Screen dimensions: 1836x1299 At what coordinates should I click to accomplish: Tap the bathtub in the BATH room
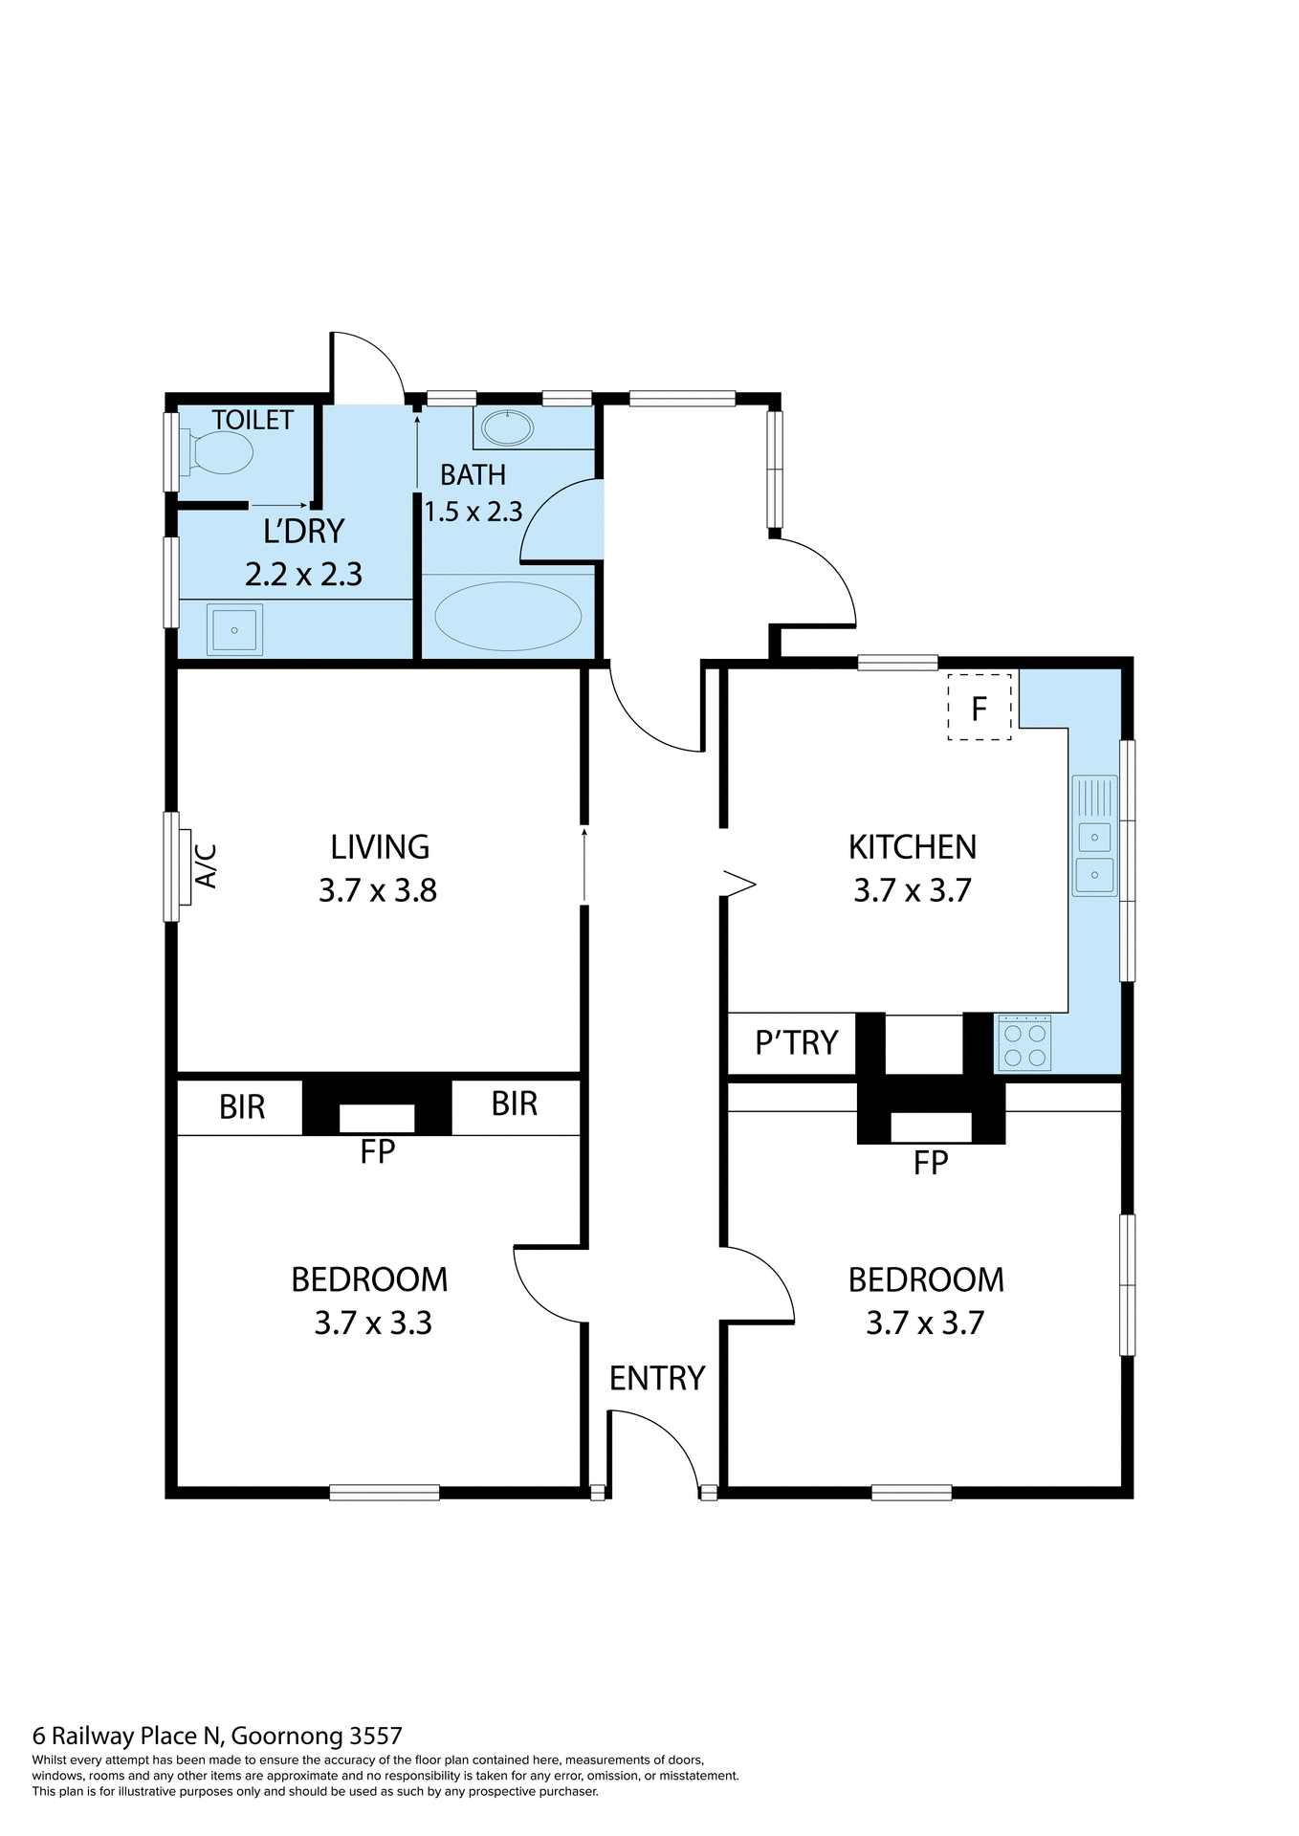pyautogui.click(x=508, y=617)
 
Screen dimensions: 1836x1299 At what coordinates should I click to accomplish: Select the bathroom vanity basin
pyautogui.click(x=507, y=427)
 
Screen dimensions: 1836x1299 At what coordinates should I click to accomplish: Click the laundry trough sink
pyautogui.click(x=234, y=630)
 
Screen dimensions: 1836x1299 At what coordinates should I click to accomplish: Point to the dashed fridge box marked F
pyautogui.click(x=979, y=708)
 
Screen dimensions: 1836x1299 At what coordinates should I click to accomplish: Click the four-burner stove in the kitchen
pyautogui.click(x=1024, y=1043)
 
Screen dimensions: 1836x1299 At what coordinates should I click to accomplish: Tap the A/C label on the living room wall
pyautogui.click(x=207, y=865)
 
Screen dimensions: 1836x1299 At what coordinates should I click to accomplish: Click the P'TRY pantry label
pyautogui.click(x=796, y=1042)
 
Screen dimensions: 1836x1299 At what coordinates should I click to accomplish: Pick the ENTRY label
pyautogui.click(x=657, y=1378)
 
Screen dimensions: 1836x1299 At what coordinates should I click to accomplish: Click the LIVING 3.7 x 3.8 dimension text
pyautogui.click(x=378, y=890)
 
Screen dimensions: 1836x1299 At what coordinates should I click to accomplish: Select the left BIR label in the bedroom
pyautogui.click(x=242, y=1107)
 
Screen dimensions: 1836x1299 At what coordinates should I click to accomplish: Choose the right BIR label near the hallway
pyautogui.click(x=515, y=1104)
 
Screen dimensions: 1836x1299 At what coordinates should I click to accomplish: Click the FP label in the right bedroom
pyautogui.click(x=930, y=1163)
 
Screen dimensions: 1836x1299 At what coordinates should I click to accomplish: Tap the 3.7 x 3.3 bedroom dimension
pyautogui.click(x=373, y=1323)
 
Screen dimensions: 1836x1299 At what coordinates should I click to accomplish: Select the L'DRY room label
pyautogui.click(x=303, y=531)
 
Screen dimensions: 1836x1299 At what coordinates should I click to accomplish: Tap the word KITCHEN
pyautogui.click(x=913, y=847)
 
